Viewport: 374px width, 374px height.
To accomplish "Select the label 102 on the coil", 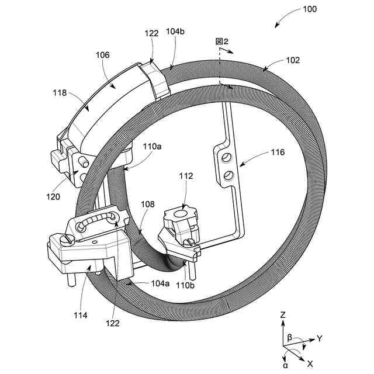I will [x=293, y=60].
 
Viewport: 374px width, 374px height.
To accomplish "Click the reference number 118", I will [x=60, y=92].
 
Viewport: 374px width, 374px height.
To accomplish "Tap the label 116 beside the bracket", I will [x=277, y=153].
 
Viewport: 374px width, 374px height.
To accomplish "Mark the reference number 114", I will [x=81, y=316].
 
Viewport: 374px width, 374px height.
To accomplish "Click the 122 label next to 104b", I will [x=151, y=34].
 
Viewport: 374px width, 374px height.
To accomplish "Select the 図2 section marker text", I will [x=221, y=41].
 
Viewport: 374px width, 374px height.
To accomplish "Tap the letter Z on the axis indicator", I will [x=283, y=315].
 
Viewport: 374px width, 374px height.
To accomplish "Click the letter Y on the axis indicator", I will [x=320, y=338].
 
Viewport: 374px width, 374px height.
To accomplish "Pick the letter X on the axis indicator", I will [x=310, y=363].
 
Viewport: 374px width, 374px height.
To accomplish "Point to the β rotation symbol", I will [x=289, y=338].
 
